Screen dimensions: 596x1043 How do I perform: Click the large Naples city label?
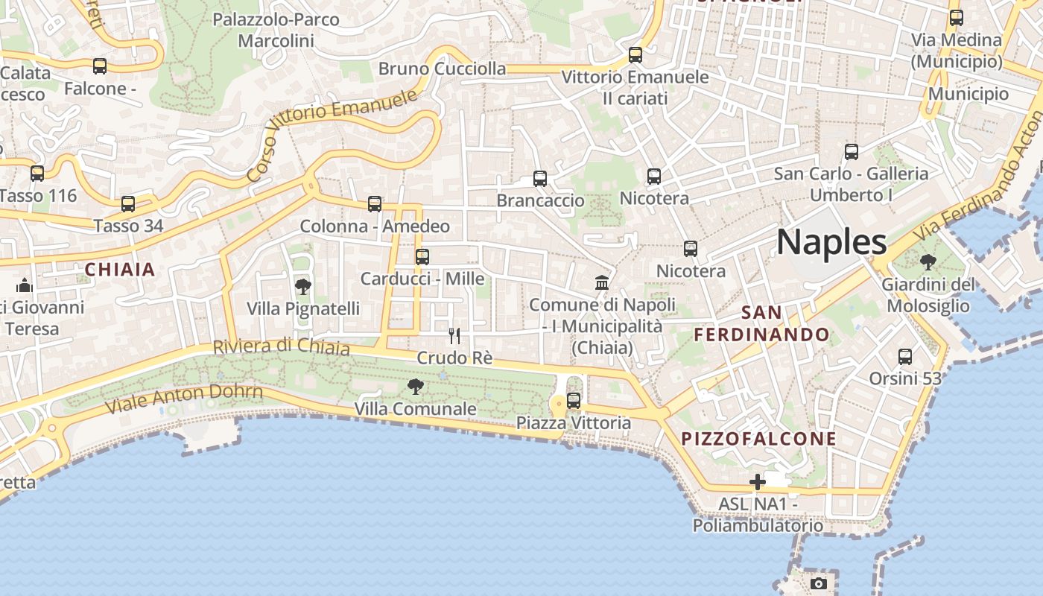click(x=831, y=242)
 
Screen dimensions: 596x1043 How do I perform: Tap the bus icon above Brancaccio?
click(x=540, y=179)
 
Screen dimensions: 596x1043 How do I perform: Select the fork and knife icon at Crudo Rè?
click(x=454, y=336)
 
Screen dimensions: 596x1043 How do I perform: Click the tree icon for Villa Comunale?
click(x=415, y=386)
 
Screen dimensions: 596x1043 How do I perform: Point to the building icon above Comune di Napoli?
click(x=602, y=282)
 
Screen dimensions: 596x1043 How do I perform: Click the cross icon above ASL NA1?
click(x=758, y=482)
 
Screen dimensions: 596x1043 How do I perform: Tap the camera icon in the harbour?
click(x=819, y=583)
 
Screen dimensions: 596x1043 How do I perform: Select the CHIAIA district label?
click(x=120, y=270)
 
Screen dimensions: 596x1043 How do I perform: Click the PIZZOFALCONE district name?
click(x=759, y=439)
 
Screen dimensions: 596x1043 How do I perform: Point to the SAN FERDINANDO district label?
click(x=761, y=323)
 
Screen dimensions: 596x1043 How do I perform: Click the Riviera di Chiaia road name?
click(x=281, y=346)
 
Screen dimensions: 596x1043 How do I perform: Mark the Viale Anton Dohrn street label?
click(x=184, y=399)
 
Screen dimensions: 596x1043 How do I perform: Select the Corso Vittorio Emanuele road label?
click(x=331, y=135)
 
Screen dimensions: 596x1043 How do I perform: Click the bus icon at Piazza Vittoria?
click(x=574, y=401)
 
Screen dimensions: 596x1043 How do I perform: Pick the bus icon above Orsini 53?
click(x=905, y=357)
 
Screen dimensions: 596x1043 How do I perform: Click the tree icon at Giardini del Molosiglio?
click(x=928, y=261)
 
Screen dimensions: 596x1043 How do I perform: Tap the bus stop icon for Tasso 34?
click(x=128, y=203)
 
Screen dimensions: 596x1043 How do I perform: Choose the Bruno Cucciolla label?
click(x=442, y=69)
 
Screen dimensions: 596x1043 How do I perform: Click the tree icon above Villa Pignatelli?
click(x=302, y=286)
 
